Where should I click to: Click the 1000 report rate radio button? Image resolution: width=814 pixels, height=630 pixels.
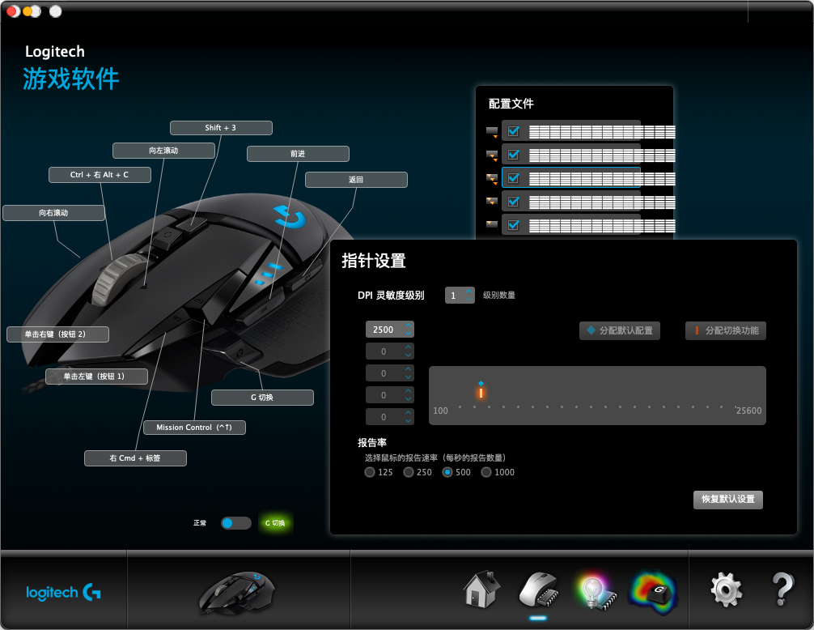tap(486, 472)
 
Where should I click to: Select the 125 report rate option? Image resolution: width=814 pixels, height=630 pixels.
tap(370, 472)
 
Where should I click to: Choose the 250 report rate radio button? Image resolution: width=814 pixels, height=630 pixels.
tap(409, 472)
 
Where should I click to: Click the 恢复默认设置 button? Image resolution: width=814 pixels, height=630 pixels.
tap(727, 499)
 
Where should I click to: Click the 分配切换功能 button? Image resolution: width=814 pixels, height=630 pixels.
tap(726, 330)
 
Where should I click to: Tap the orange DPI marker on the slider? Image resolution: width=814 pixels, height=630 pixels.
tap(481, 393)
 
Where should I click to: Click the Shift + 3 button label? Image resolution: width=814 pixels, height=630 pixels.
tap(220, 128)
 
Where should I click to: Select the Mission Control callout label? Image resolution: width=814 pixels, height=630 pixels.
tap(194, 427)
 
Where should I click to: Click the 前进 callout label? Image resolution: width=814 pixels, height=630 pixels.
tap(298, 154)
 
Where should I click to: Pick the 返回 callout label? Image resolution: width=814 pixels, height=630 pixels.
tap(356, 180)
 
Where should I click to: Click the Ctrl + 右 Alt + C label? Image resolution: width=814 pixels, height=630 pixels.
tap(99, 175)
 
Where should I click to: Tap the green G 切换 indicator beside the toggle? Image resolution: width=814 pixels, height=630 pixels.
tap(275, 523)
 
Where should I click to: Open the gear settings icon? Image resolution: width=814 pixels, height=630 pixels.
tap(726, 590)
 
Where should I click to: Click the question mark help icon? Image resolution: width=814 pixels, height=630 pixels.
tap(782, 590)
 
